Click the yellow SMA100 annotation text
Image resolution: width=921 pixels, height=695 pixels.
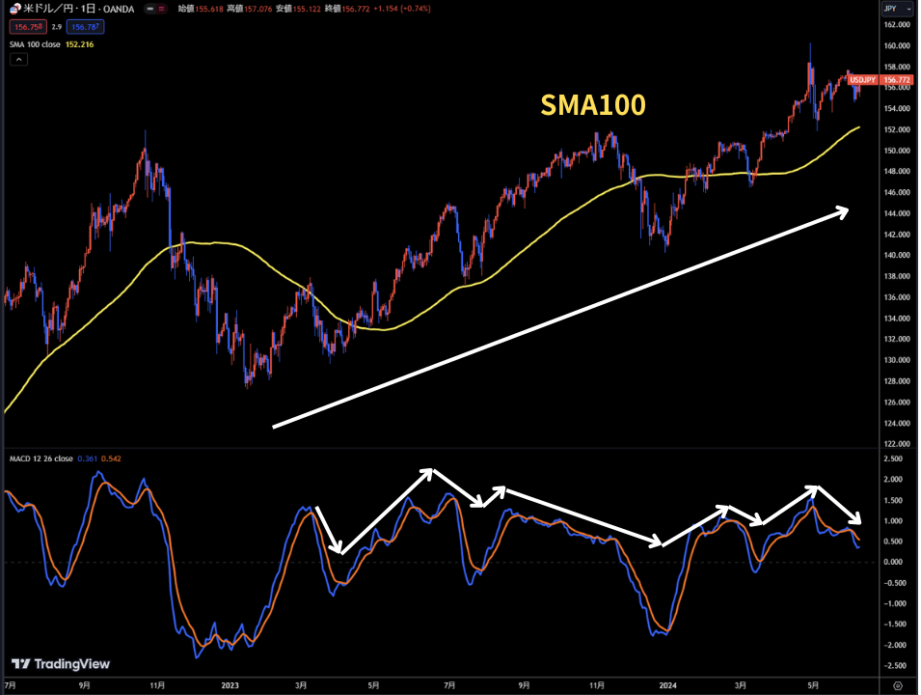(591, 106)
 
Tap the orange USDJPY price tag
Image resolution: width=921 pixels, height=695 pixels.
(862, 79)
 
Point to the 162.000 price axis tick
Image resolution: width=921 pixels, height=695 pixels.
(897, 25)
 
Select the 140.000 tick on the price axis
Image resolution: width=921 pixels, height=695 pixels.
(897, 255)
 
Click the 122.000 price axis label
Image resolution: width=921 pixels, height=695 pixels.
(897, 443)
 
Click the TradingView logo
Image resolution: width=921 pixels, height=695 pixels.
(61, 664)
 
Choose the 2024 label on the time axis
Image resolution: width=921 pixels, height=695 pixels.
(667, 686)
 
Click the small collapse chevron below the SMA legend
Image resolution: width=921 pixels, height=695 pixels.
(19, 59)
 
